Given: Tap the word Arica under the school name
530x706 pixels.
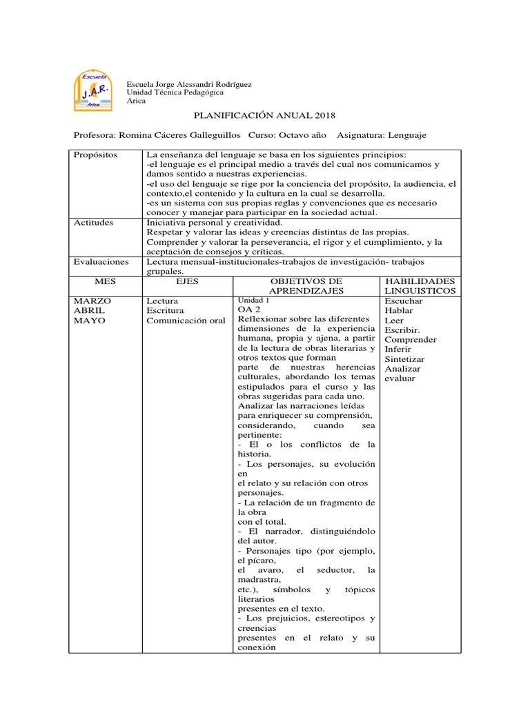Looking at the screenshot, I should (137, 101).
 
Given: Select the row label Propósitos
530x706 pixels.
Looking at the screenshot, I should (96, 155).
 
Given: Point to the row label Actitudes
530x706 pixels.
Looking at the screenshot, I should (94, 223).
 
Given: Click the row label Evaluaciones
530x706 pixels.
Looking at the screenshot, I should (101, 263).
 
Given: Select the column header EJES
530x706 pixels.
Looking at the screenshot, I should (187, 282).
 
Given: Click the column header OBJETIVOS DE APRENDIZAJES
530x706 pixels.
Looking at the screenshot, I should (306, 287).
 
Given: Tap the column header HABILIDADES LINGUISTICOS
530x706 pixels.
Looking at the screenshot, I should (420, 287).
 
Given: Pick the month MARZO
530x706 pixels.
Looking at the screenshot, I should (92, 301).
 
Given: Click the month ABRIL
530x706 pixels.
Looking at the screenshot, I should (90, 311).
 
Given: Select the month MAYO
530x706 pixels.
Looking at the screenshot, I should (90, 321).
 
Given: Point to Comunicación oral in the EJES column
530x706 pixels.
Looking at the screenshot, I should (186, 321).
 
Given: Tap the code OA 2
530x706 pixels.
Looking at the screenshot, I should (248, 310).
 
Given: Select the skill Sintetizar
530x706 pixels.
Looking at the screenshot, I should (404, 359).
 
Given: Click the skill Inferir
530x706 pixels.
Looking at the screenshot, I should (398, 350).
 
